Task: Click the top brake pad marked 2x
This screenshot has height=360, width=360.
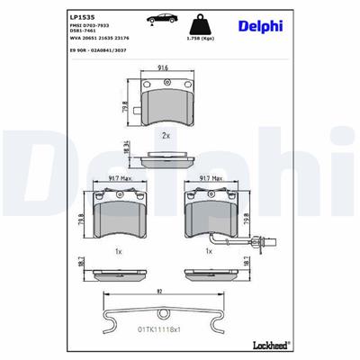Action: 166,102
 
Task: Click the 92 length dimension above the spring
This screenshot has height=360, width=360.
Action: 159,290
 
